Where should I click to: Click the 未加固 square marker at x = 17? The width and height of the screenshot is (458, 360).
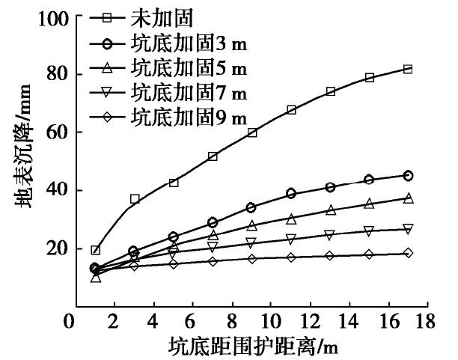pos(408,69)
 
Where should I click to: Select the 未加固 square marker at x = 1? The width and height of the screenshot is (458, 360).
pos(95,250)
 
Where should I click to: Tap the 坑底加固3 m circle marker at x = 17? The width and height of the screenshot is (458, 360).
pos(408,175)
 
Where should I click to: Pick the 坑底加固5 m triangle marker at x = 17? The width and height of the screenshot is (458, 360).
pos(408,198)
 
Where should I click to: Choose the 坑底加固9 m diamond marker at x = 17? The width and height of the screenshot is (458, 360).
pos(408,253)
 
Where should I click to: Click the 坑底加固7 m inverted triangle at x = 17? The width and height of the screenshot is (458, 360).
pos(408,229)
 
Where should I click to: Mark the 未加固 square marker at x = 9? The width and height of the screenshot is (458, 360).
pos(252,132)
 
